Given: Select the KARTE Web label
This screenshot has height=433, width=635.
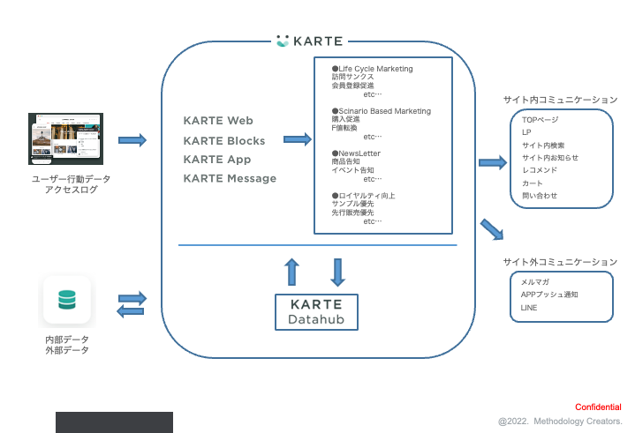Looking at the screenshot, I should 218,121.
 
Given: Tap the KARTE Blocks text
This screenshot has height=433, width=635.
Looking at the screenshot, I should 224,141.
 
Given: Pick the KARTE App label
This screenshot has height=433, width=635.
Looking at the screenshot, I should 217,160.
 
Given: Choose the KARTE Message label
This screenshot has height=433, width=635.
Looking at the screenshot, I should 230,179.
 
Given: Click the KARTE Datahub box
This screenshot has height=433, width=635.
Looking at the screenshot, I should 316,312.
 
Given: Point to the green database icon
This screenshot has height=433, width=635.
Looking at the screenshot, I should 67,301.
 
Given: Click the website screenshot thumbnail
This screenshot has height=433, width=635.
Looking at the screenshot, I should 66,138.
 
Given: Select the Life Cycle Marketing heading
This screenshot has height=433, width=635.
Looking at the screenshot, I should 372,69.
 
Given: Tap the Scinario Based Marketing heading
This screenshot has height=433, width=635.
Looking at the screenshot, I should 381,111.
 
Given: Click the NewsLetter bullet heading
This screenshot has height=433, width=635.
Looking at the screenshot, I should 359,153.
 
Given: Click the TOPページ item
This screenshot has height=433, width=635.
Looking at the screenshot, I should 540,119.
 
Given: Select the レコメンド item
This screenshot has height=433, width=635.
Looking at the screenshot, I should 539,170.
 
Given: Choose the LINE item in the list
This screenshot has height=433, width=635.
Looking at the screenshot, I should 529,308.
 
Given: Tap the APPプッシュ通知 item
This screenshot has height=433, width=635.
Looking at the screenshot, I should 549,295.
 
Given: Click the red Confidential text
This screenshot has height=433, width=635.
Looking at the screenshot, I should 598,407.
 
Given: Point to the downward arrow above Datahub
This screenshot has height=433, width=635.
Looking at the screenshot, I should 337,272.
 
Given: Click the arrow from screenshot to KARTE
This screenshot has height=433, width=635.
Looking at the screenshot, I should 132,139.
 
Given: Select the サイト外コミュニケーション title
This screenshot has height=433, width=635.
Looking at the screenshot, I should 559,262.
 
